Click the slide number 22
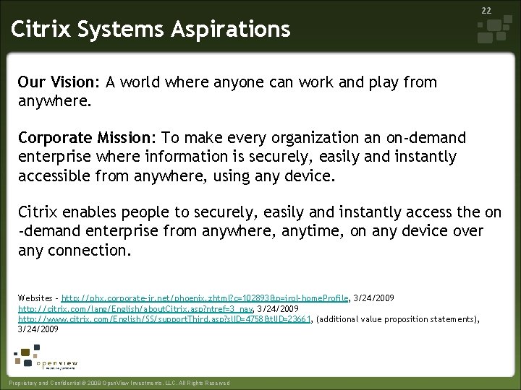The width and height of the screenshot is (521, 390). [x=486, y=10]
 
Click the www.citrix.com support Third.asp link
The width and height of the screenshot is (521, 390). [x=164, y=318]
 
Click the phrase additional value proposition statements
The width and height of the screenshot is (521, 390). [x=397, y=318]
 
